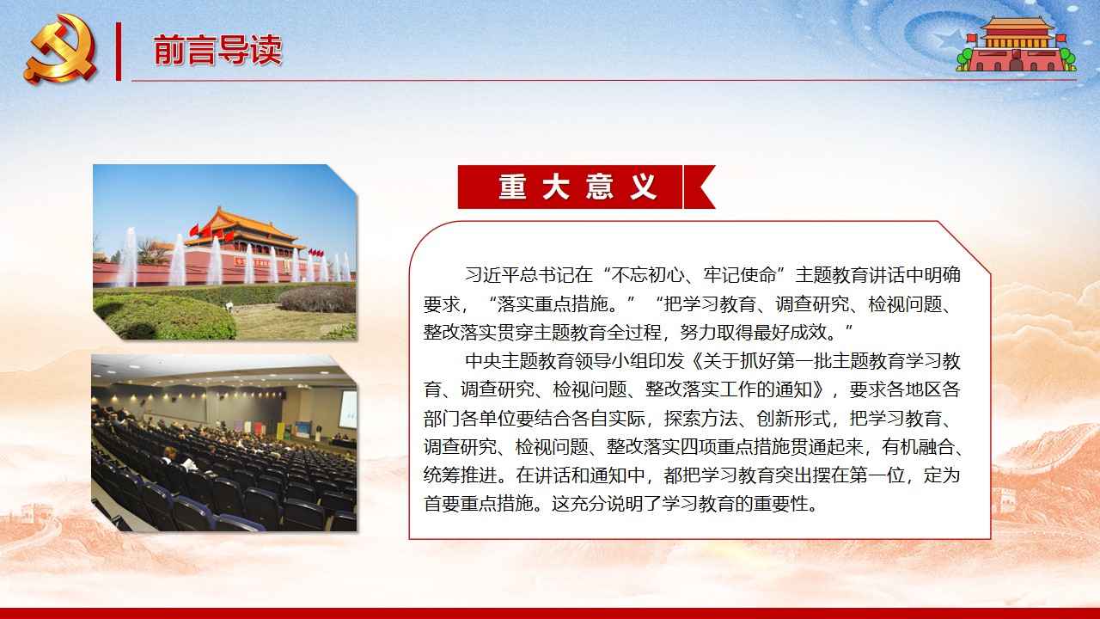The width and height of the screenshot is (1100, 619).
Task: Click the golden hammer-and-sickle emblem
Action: click(60, 49)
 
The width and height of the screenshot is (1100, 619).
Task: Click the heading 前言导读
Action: click(218, 50)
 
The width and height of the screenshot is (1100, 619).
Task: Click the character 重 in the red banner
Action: click(513, 187)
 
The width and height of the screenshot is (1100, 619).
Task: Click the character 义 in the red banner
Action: click(644, 187)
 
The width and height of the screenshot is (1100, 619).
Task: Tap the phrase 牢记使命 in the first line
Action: click(740, 274)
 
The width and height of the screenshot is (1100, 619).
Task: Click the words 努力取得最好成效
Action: click(754, 333)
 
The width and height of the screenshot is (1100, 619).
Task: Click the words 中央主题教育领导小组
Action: click(575, 361)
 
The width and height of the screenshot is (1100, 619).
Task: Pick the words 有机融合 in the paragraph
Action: click(919, 446)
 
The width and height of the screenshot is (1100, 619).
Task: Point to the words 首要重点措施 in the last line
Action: click(479, 504)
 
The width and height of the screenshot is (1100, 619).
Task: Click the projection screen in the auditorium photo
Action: click(348, 408)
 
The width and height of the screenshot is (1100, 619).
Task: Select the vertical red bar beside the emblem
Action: click(119, 51)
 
